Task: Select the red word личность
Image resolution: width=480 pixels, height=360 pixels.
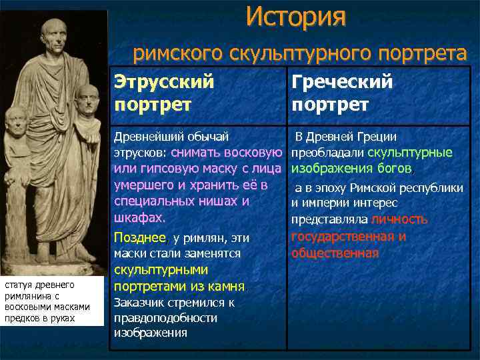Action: [399, 219]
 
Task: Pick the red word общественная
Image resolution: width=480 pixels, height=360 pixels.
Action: [335, 253]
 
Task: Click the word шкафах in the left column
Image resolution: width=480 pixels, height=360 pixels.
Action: [138, 218]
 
